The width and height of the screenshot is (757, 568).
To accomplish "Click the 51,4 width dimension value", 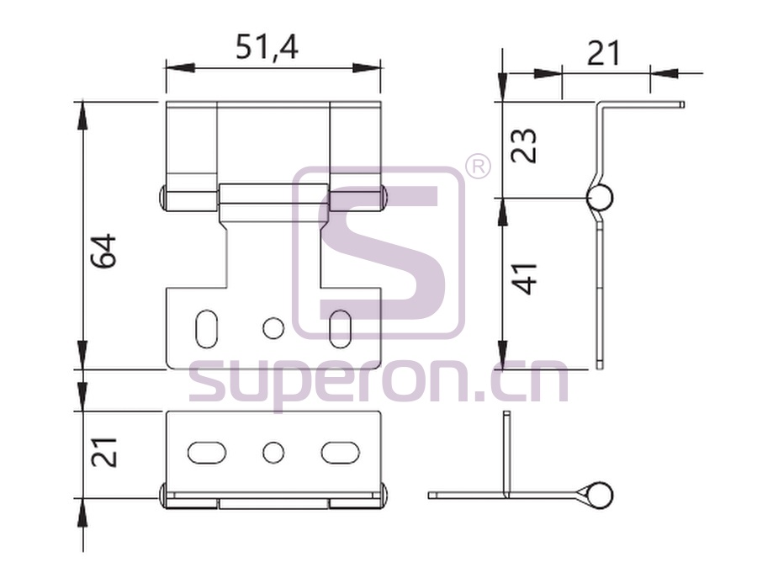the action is tap(267, 47).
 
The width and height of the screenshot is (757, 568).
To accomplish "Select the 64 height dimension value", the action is tap(104, 251).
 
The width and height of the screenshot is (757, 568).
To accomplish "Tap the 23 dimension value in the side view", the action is tap(524, 146).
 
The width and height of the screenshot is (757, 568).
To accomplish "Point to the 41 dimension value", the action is tap(524, 279).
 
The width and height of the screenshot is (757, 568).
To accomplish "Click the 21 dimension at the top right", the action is tap(603, 53).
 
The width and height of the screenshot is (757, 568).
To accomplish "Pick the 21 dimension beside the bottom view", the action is tap(104, 453).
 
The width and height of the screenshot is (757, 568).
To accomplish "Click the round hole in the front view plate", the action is tap(273, 328).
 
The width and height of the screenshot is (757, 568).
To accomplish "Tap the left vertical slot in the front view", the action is tap(207, 328).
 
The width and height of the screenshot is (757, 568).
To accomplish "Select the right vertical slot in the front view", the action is tap(340, 328).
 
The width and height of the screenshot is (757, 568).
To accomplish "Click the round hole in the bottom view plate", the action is tap(273, 453).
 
